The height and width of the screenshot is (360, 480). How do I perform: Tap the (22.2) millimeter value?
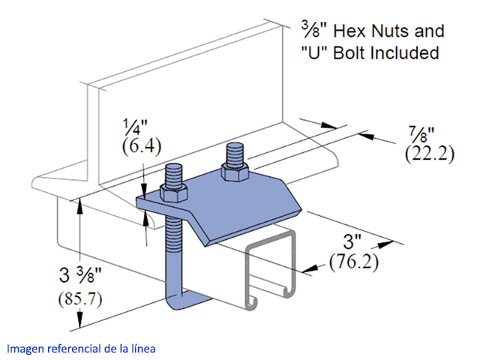pyautogui.click(x=430, y=154)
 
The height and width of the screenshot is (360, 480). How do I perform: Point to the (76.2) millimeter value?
pyautogui.click(x=354, y=261)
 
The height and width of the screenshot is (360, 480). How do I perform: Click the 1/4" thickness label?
pyautogui.click(x=135, y=127)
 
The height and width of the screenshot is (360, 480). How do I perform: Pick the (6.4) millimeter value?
pyautogui.click(x=142, y=147)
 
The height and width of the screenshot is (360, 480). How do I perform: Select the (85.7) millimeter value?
pyautogui.click(x=80, y=298)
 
